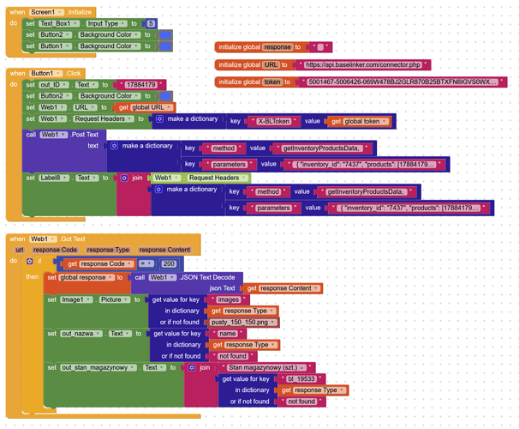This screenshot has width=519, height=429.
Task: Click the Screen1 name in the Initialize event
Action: pos(42,13)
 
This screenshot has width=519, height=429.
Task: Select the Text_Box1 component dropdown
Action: pos(58,24)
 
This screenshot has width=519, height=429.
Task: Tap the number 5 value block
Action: pos(151,24)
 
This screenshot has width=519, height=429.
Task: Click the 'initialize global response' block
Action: pos(254,47)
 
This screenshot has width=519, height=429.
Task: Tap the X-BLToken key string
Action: pos(274,122)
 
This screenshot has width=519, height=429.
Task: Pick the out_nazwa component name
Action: pos(80,333)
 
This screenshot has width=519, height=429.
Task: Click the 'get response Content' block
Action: pos(282,288)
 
